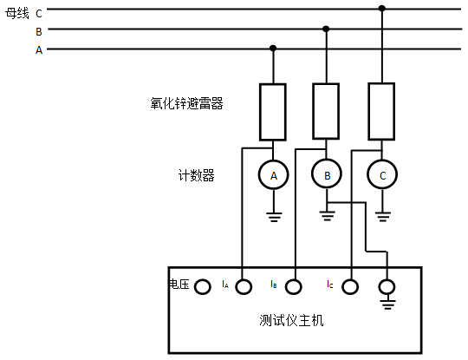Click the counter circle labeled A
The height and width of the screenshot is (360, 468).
point(274,176)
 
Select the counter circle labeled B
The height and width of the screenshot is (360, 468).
point(327,176)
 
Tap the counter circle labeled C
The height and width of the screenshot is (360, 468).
point(382,176)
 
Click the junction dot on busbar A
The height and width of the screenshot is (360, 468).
point(274,49)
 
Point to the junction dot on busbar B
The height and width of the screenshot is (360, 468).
point(327,29)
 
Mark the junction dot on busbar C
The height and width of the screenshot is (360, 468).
point(382,9)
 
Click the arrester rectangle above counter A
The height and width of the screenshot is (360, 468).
point(273,112)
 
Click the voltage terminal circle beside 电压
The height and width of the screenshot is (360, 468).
point(202,286)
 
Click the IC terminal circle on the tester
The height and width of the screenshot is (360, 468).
point(350,286)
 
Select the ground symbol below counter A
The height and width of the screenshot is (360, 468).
point(274,214)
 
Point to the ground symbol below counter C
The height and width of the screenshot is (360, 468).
point(382,214)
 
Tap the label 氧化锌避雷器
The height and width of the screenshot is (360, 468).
point(187,103)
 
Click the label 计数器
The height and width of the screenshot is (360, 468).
point(196,175)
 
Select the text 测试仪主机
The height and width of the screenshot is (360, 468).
point(291,321)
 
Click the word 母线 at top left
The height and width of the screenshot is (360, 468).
point(17,12)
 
